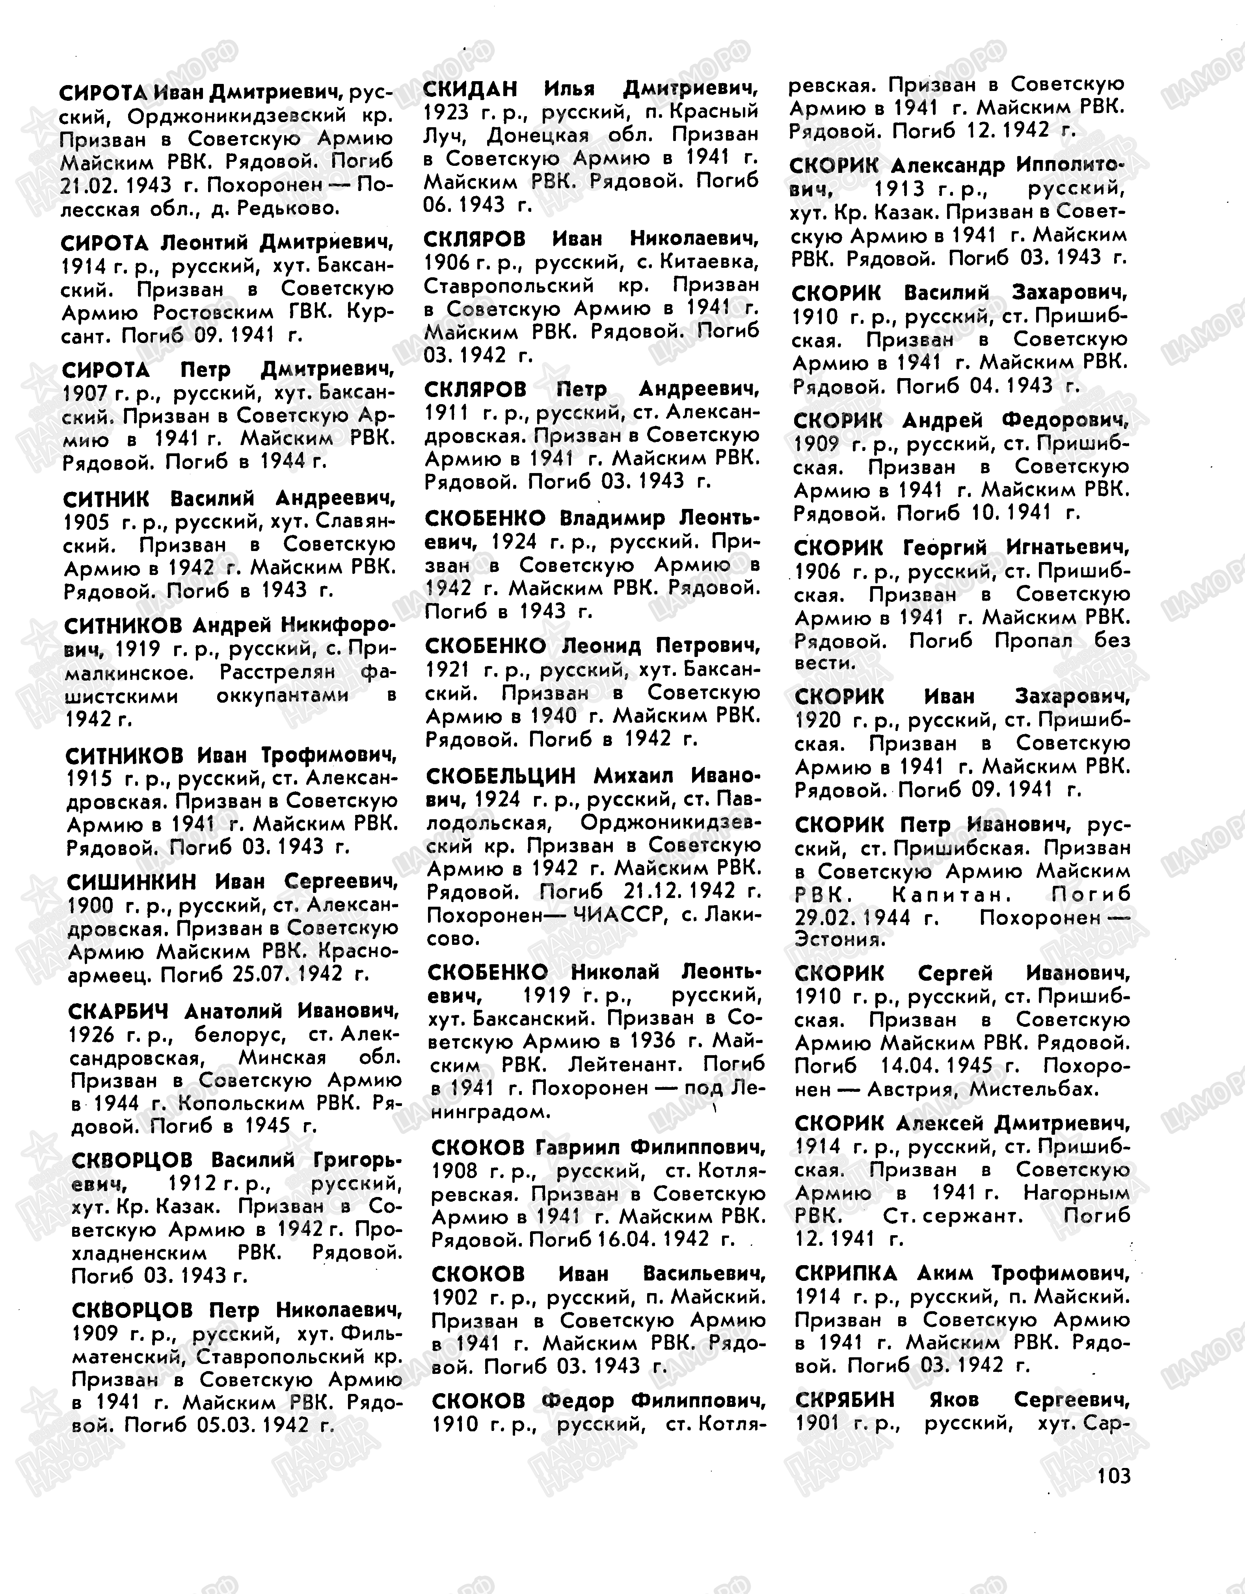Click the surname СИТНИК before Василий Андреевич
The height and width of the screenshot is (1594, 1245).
(107, 499)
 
